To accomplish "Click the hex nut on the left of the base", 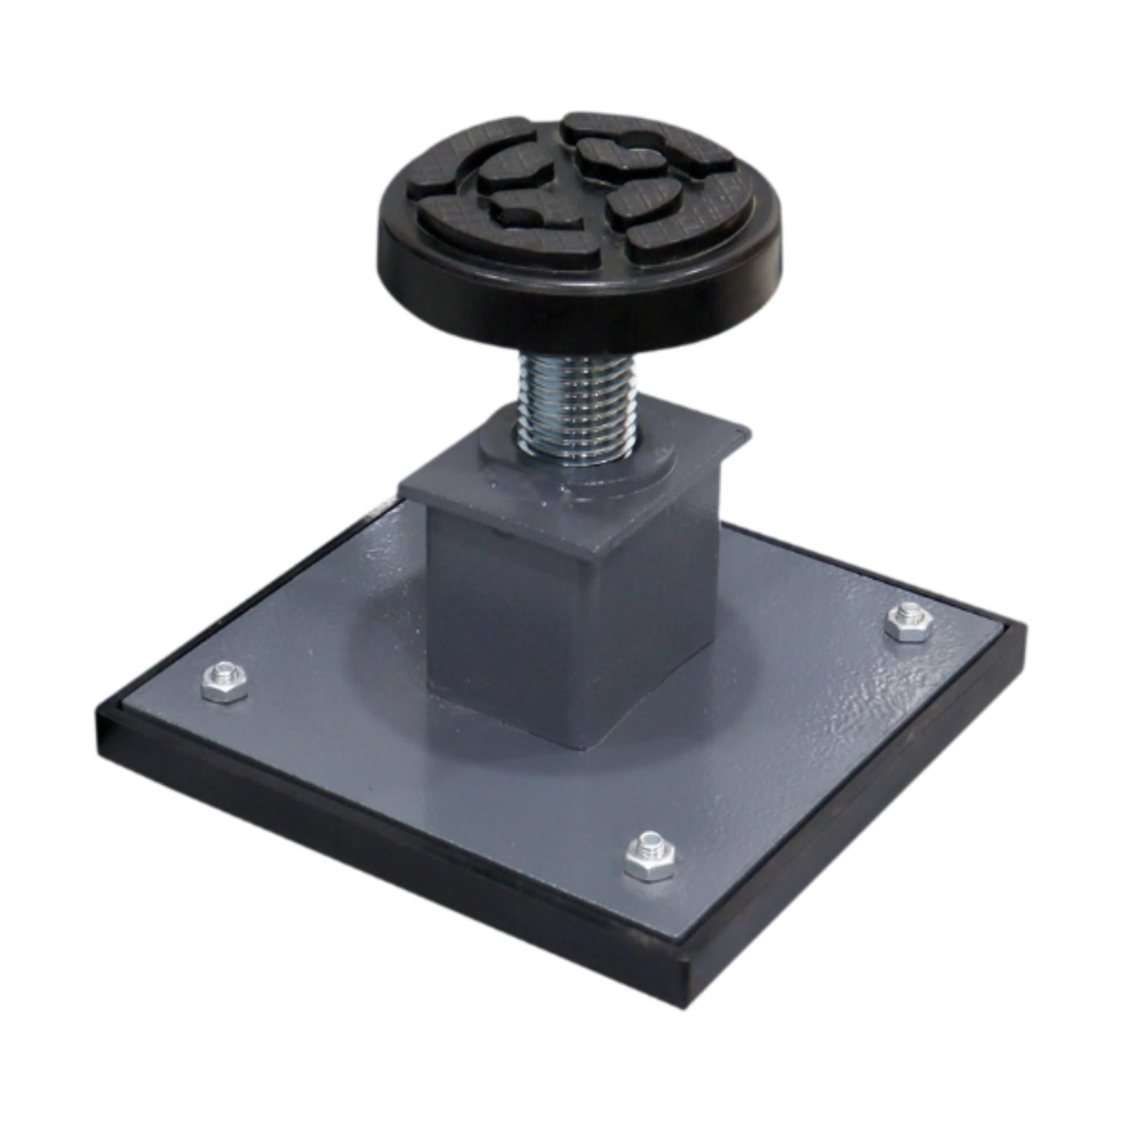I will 224,681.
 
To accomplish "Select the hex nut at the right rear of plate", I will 909,621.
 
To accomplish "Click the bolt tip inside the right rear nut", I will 909,611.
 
